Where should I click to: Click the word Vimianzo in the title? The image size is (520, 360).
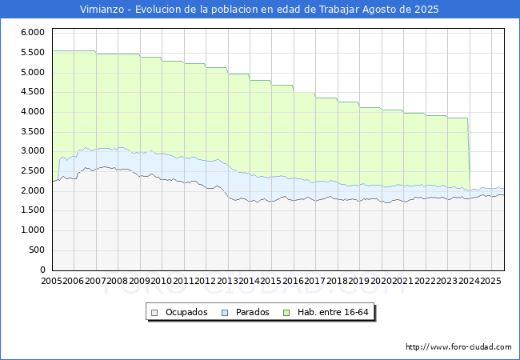tap(102, 10)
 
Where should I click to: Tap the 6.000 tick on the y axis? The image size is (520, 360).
tap(33, 33)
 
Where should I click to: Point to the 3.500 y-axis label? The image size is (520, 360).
tap(33, 132)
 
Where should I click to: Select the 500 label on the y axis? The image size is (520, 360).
tap(37, 250)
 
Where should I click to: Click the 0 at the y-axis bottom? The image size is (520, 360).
tap(42, 270)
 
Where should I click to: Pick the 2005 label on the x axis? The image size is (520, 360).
tap(51, 281)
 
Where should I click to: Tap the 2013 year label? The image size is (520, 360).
tap(227, 281)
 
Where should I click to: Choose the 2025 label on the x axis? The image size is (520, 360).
tap(490, 281)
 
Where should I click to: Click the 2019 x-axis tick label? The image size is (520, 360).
tap(359, 281)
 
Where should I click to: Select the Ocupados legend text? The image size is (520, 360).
tap(186, 312)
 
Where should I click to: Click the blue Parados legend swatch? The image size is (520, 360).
tap(225, 313)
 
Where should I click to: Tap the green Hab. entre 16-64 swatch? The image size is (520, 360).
tap(286, 313)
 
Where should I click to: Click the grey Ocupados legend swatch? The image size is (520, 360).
tap(154, 313)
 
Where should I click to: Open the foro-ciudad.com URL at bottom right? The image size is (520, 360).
tap(458, 347)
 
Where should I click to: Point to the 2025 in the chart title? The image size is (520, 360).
tap(426, 10)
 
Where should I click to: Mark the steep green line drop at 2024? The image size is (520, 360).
tap(469, 154)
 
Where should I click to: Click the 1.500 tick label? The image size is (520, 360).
tap(33, 210)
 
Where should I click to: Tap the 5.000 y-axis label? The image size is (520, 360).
tap(33, 72)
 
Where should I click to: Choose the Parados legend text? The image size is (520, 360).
tap(252, 312)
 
